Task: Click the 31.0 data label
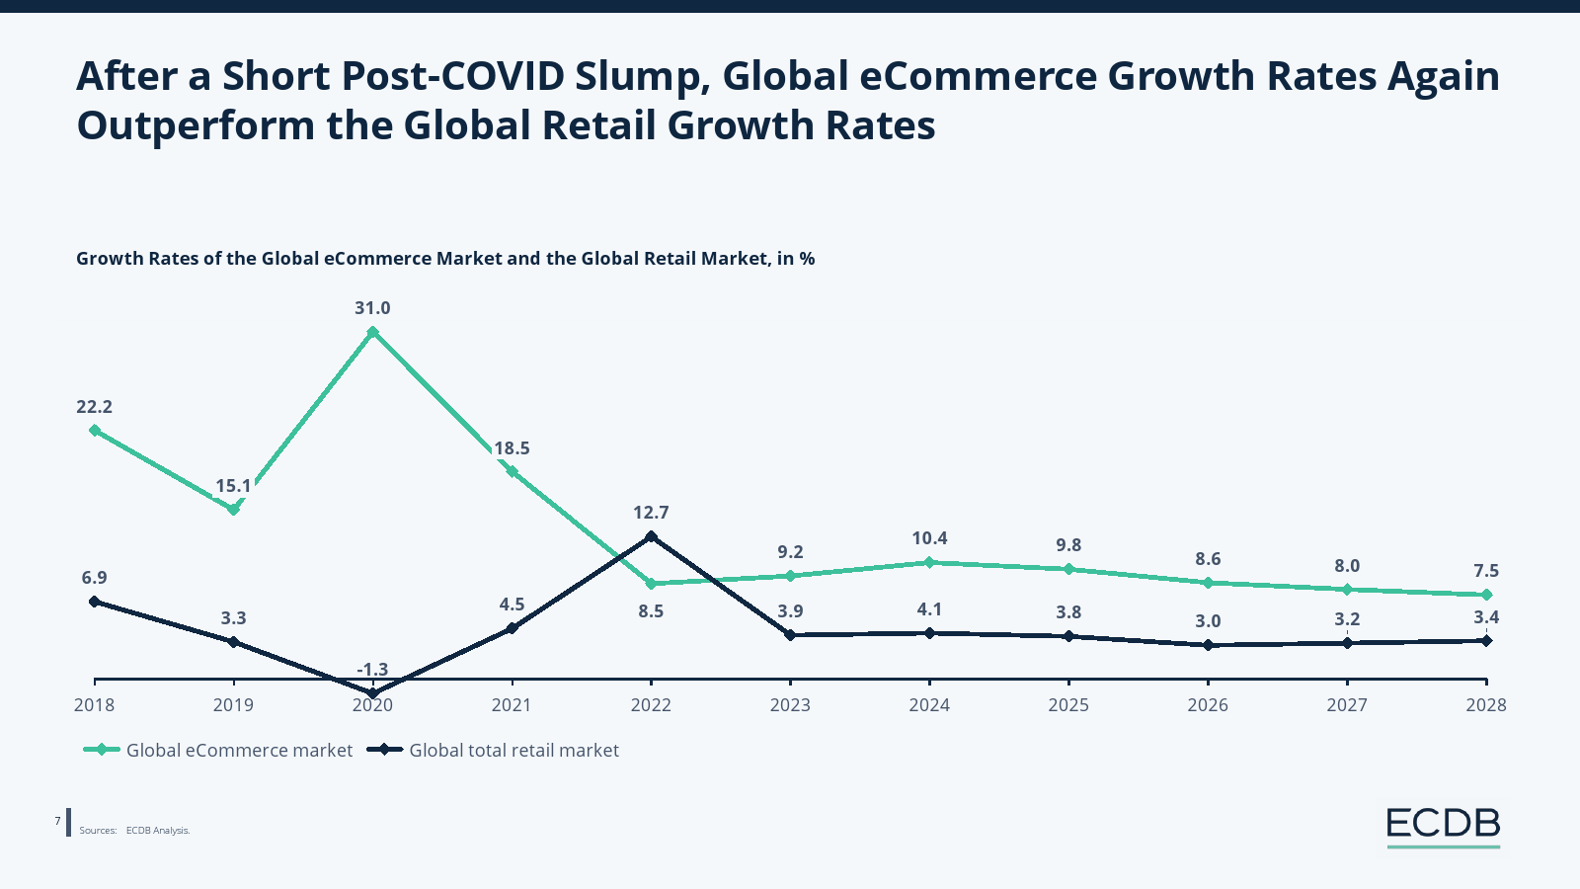click(372, 308)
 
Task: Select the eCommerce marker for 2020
click(372, 332)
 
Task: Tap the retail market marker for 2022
click(651, 536)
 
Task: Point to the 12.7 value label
click(651, 513)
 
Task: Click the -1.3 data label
click(372, 670)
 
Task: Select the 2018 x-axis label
click(94, 704)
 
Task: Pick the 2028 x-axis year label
click(1486, 704)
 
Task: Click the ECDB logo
click(1443, 824)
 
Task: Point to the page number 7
click(57, 821)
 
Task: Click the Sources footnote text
click(135, 831)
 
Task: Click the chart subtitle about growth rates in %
click(445, 259)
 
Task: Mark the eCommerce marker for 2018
click(94, 430)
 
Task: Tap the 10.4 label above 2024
click(929, 538)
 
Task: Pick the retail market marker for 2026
click(1208, 645)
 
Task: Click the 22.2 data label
click(94, 407)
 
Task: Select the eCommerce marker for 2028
click(1486, 595)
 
